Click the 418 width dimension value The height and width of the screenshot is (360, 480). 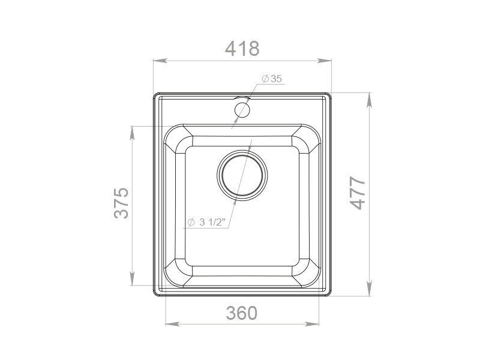(242, 49)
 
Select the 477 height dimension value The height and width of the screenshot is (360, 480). (358, 193)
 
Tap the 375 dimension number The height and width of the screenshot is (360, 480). (121, 203)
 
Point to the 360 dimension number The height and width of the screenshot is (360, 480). (242, 313)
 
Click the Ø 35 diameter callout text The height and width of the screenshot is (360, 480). (272, 79)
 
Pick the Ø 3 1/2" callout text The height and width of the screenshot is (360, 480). (206, 222)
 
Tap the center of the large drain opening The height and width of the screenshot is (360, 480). (242, 175)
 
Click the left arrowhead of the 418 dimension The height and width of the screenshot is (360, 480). (160, 61)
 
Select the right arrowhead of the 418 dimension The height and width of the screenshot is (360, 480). (325, 61)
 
